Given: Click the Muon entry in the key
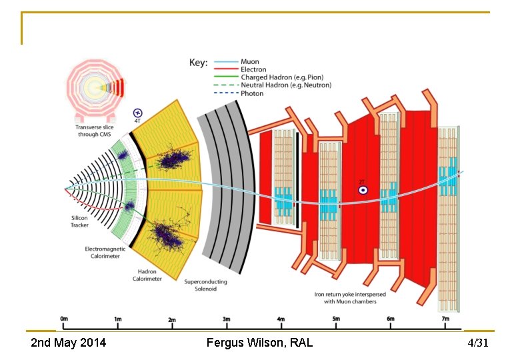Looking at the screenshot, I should (x=250, y=62).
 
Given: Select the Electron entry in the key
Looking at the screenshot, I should (x=253, y=69).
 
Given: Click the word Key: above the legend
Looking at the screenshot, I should (x=199, y=63).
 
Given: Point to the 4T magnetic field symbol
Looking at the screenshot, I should (x=138, y=113).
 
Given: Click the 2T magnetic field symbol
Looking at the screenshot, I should (x=363, y=189).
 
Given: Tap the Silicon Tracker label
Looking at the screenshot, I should (x=79, y=221).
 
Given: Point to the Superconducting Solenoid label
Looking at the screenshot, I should (x=205, y=285).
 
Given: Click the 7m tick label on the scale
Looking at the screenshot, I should (x=445, y=319).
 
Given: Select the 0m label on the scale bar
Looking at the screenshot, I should (x=63, y=319).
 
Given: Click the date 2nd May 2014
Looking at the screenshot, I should (x=69, y=343).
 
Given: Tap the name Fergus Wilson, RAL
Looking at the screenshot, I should (x=259, y=343).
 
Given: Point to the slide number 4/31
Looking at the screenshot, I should (x=478, y=343).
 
